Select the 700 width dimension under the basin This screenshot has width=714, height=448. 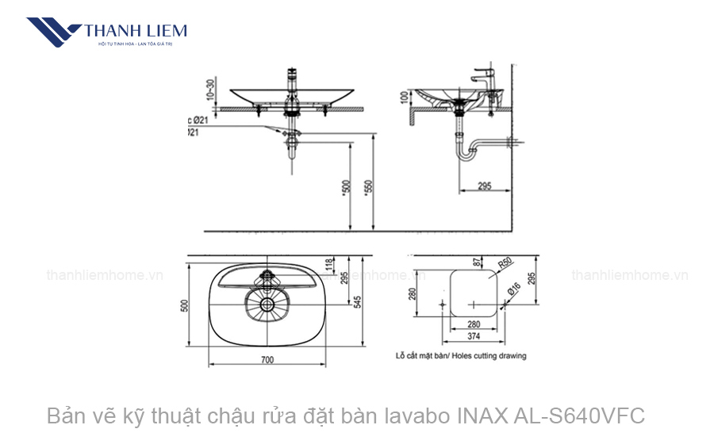click(x=267, y=360)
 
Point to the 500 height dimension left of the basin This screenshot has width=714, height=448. click(x=183, y=305)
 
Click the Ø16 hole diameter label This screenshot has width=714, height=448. click(x=513, y=291)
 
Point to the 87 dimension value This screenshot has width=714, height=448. click(x=476, y=262)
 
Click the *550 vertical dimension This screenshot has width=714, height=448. click(x=367, y=187)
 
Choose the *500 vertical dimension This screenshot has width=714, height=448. click(x=345, y=187)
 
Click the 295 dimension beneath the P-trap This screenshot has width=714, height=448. click(x=484, y=186)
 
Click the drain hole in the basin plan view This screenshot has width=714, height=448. click(x=267, y=304)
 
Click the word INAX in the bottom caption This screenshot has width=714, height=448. click(x=482, y=415)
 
